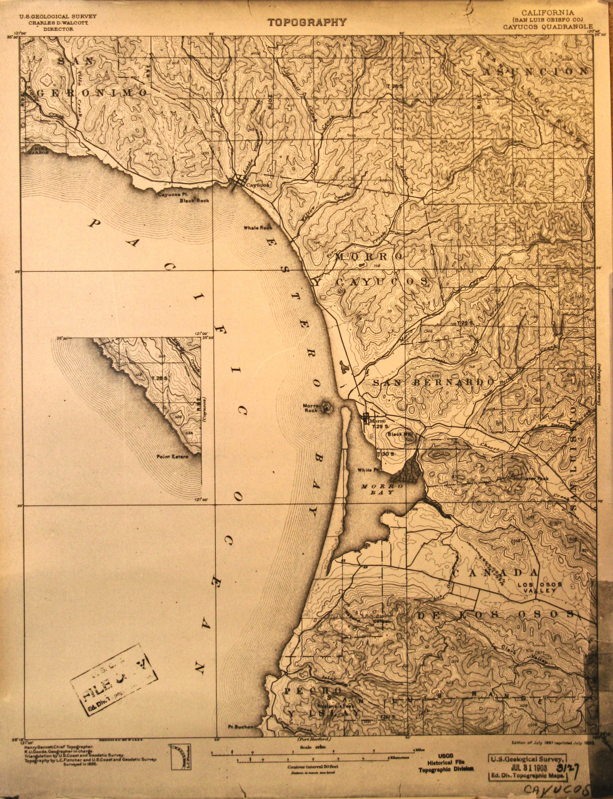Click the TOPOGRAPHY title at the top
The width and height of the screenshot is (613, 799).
click(x=307, y=22)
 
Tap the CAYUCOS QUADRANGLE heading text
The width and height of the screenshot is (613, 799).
click(x=548, y=27)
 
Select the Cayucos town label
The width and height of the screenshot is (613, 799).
click(x=257, y=185)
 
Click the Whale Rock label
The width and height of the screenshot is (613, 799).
click(x=258, y=228)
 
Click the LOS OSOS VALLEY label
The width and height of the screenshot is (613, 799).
click(x=540, y=587)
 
